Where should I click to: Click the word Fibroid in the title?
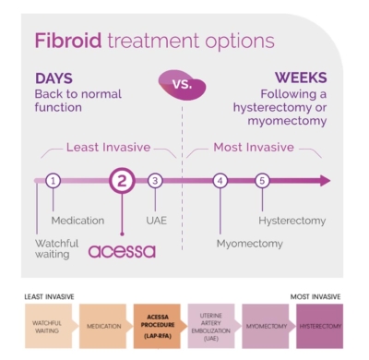point(66,41)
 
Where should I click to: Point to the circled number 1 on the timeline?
point(54,180)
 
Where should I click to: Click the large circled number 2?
point(122,181)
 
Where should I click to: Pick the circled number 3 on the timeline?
point(155,180)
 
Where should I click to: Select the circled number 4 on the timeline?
point(220,180)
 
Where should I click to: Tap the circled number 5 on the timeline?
point(262,180)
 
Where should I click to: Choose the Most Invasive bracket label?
point(253,147)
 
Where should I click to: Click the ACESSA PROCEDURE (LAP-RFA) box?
point(159,326)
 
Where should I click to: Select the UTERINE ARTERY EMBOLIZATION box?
point(212,326)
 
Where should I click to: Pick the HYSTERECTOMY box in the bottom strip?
point(320,326)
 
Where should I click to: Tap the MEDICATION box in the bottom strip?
point(104,326)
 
